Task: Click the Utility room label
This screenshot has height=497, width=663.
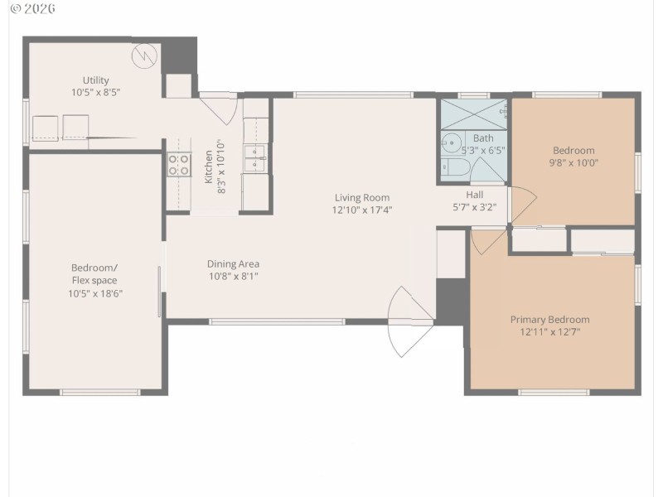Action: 95,80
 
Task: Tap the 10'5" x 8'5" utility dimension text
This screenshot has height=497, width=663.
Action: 95,93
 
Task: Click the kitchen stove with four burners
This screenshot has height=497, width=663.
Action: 178,165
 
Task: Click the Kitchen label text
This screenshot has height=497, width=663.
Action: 209,166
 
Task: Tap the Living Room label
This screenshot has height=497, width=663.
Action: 362,197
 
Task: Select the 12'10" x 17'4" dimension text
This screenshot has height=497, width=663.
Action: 362,210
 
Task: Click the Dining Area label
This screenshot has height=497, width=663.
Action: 233,263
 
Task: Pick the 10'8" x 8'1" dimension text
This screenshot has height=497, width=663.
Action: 233,276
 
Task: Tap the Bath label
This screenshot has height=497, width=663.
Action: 483,138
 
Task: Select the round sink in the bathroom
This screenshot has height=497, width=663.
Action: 452,142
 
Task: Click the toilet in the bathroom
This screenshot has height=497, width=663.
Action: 456,168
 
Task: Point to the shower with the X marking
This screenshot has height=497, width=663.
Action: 473,113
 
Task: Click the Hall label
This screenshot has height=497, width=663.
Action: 474,195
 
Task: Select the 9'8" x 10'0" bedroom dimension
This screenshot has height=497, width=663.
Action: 573,163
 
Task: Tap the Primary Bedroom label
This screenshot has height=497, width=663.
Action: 549,320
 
